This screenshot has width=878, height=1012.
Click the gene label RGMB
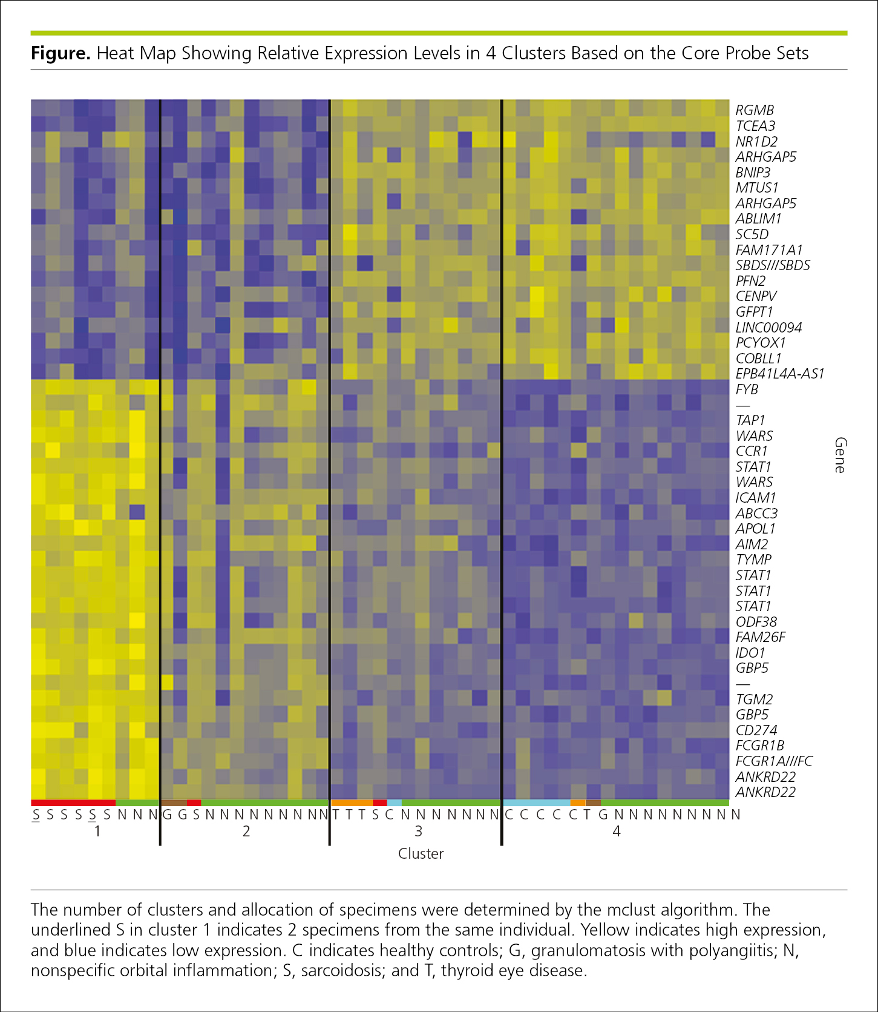click(755, 110)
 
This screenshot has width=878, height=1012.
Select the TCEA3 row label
click(755, 126)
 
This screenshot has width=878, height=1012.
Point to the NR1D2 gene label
click(756, 142)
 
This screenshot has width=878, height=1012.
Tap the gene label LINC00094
click(768, 328)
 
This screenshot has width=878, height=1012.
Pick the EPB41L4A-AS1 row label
click(780, 374)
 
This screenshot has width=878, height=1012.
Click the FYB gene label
click(747, 389)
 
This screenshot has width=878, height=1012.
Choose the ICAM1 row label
click(756, 498)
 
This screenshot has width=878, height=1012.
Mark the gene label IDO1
click(750, 653)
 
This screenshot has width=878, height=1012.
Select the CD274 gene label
click(756, 730)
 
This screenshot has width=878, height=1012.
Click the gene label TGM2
click(755, 699)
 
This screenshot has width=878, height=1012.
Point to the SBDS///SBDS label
click(773, 265)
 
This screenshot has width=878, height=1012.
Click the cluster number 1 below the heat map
click(97, 832)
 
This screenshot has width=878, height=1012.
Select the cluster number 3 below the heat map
click(418, 832)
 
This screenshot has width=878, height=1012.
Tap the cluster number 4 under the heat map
click(617, 832)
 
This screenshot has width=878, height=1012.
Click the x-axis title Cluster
click(421, 853)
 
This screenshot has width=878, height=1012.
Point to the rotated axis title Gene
click(840, 455)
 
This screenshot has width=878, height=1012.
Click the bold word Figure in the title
click(61, 54)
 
